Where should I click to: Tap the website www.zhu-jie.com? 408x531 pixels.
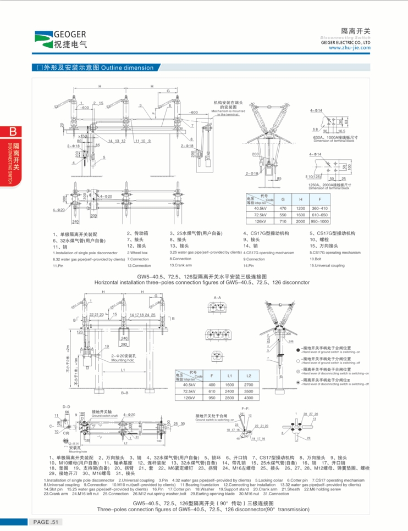(350, 47)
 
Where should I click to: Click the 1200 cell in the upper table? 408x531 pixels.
(300, 209)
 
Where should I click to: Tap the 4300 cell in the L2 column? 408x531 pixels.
(248, 396)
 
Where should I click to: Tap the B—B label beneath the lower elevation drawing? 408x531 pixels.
(124, 393)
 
